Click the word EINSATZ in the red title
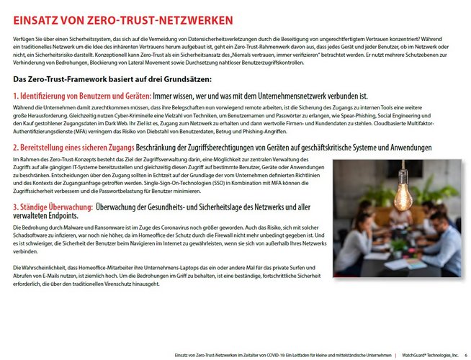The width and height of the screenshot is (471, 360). click(x=30, y=19)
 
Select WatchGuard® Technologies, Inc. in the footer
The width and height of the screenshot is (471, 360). click(x=430, y=355)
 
